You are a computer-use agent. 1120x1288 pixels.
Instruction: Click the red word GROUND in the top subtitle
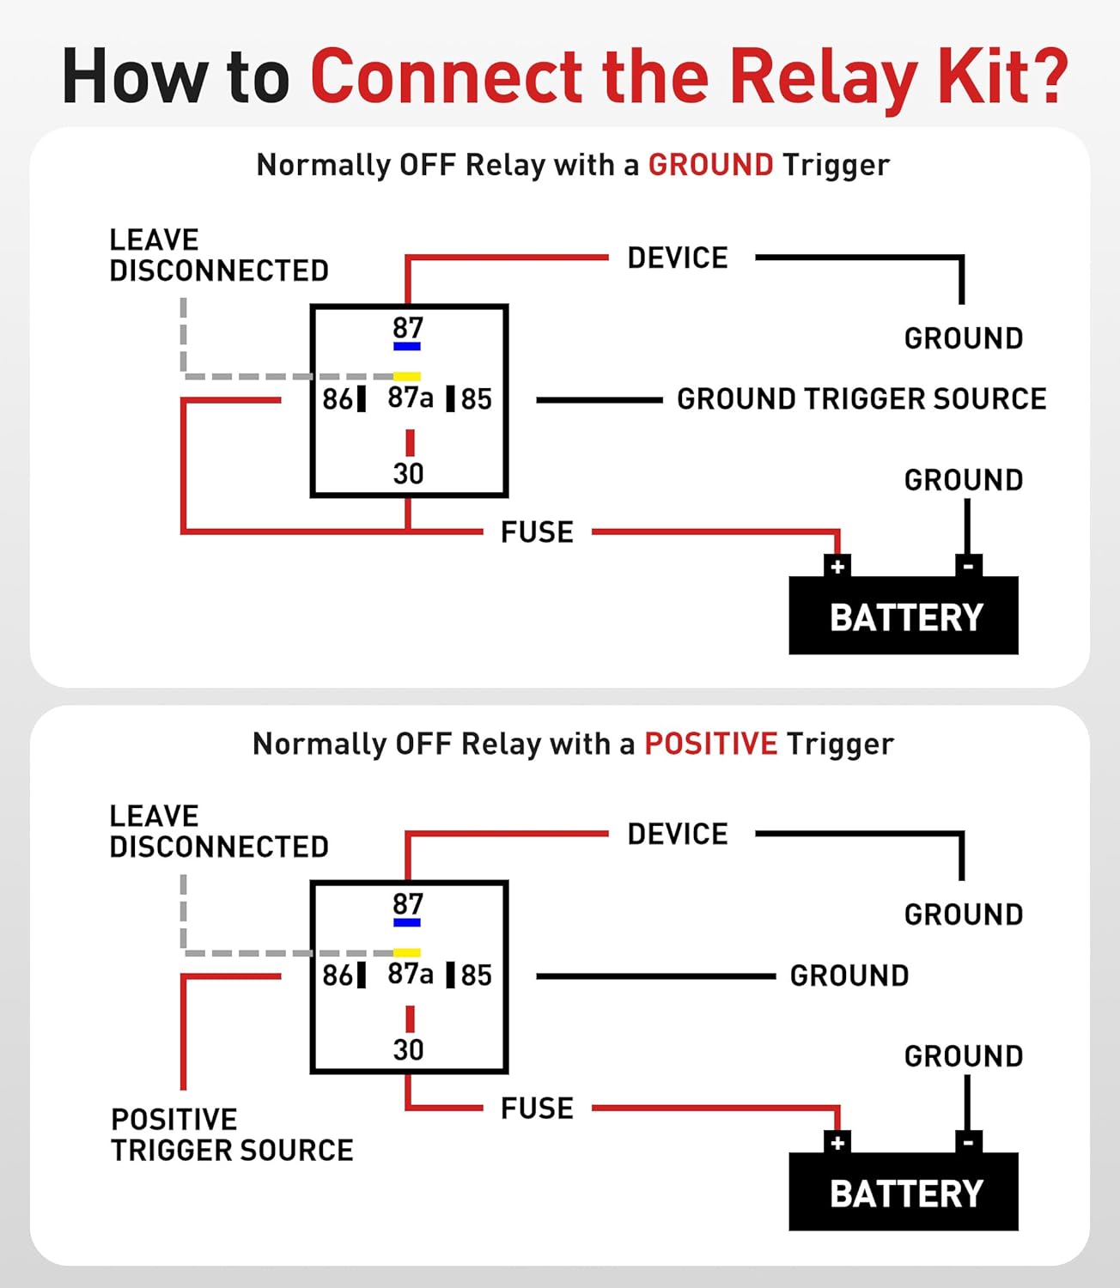pos(710,164)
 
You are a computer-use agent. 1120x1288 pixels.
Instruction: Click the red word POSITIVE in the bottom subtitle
pos(710,743)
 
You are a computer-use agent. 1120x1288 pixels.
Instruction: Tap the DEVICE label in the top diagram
pos(678,258)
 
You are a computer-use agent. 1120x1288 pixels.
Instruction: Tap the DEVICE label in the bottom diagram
pos(678,834)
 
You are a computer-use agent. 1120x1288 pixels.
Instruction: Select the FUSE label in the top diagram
pos(537,532)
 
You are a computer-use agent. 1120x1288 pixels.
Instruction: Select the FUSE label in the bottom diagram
pos(537,1109)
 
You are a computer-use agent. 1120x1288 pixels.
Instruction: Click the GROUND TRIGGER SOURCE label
pos(861,399)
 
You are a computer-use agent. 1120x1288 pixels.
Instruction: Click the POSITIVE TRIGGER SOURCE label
pos(232,1134)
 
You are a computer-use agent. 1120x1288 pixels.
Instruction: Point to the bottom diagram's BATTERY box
pos(904,1193)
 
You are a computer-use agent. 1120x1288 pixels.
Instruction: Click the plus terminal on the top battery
pos(837,567)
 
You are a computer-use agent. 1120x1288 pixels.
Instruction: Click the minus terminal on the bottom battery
pos(968,1143)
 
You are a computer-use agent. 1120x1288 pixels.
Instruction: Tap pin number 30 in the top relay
pos(408,473)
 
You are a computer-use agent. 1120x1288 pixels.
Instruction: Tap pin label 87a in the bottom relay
pos(410,974)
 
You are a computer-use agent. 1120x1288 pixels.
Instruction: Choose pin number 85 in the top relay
pos(476,399)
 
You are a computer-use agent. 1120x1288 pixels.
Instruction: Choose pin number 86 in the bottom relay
pos(338,975)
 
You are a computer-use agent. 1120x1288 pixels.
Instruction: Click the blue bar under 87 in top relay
pos(407,347)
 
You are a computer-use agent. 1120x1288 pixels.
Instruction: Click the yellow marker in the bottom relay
pos(407,952)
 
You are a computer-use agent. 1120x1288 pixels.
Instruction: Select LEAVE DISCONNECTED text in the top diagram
pos(218,255)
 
